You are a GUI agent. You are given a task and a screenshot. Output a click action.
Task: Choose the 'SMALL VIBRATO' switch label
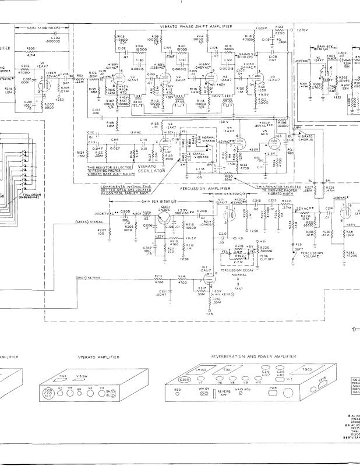(202, 154)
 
